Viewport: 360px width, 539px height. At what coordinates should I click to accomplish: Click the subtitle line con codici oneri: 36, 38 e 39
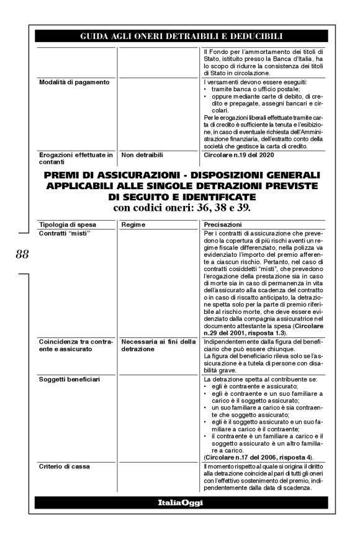click(181, 207)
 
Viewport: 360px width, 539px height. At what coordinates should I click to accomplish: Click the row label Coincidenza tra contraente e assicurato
click(74, 344)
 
